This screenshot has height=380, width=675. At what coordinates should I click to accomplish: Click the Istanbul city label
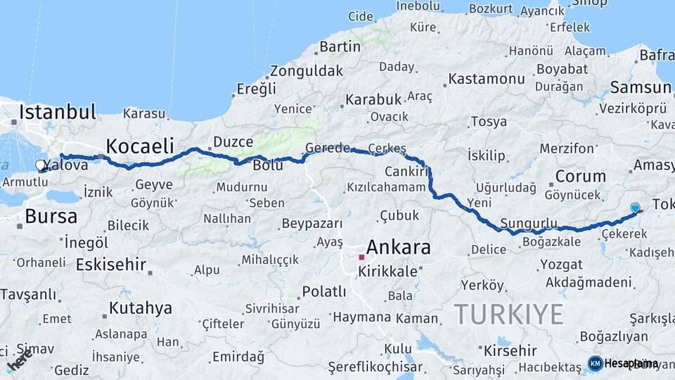(57, 111)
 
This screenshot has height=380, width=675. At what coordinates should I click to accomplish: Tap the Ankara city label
(399, 247)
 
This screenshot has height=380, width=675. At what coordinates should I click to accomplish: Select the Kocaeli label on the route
(141, 146)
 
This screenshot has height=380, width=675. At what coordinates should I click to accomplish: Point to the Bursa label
(51, 216)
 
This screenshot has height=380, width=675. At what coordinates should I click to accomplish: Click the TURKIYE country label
(508, 313)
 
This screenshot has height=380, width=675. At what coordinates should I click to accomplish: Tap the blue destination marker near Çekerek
(635, 208)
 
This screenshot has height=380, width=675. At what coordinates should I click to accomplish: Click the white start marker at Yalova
(41, 166)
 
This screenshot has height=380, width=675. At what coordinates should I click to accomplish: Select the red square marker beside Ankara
(361, 258)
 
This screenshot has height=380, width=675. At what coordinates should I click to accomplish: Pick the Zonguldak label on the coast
(307, 70)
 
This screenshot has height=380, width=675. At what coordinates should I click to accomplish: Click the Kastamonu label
(487, 79)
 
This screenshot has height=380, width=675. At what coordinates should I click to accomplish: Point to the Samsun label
(641, 87)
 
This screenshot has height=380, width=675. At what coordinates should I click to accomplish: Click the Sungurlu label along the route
(528, 224)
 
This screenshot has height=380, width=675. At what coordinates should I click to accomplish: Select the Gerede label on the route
(327, 148)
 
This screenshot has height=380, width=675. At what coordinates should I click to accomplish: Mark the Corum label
(580, 176)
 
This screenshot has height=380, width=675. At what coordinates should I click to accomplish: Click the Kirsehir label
(510, 350)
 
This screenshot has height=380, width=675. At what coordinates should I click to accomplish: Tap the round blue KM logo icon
(595, 363)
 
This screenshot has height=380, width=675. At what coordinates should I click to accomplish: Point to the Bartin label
(340, 47)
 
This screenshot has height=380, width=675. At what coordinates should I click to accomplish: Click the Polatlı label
(323, 291)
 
